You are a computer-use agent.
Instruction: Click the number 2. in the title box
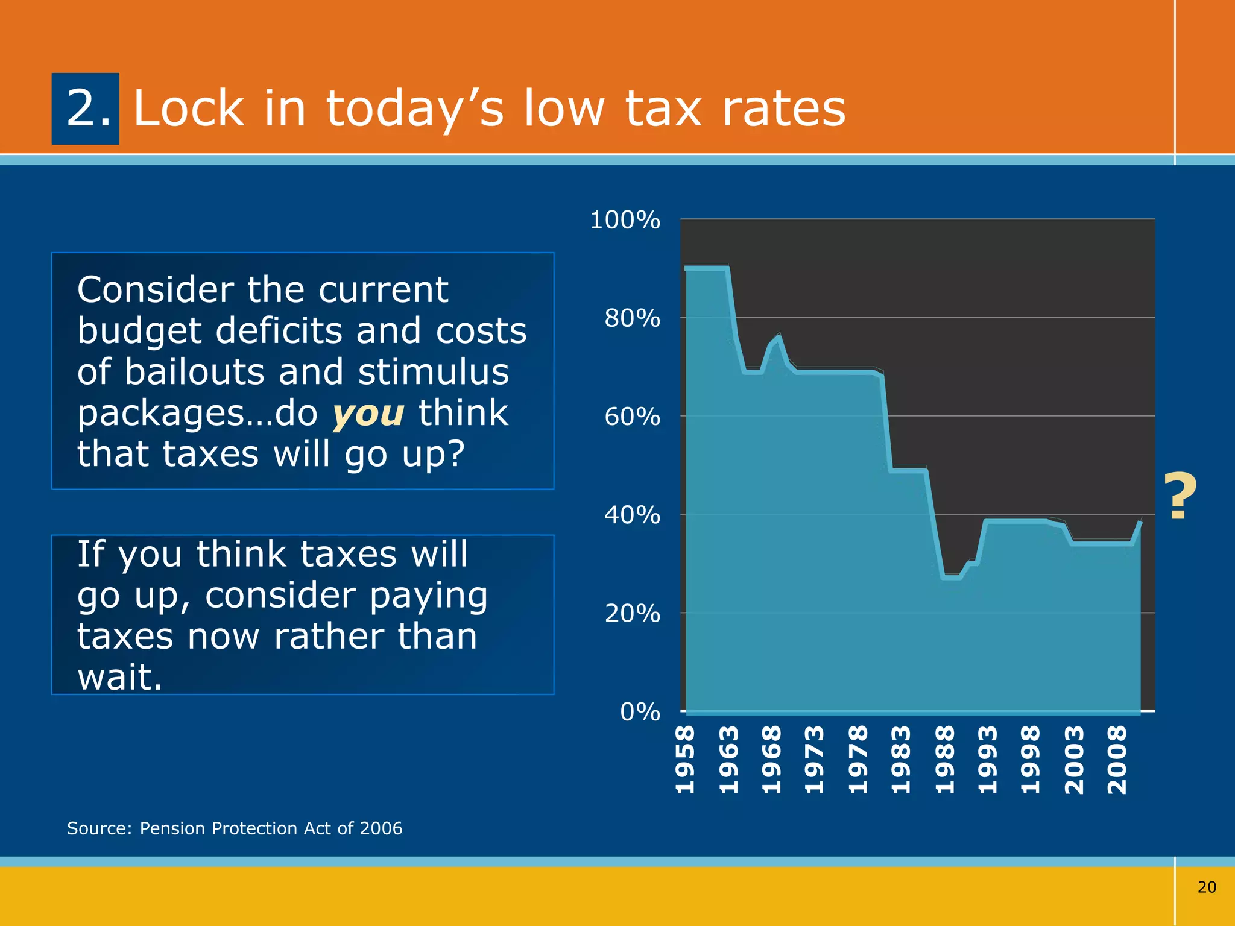coord(88,109)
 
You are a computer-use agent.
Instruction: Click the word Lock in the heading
coord(189,109)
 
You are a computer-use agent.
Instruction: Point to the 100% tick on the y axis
coord(625,220)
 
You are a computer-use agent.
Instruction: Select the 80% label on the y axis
coord(632,318)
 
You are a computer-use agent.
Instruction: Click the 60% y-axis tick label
coord(632,417)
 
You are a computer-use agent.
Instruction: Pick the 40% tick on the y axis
coord(632,515)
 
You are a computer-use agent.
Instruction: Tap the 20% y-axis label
coord(632,614)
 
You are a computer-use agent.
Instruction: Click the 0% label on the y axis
coord(639,712)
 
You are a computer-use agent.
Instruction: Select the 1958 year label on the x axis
coord(685,760)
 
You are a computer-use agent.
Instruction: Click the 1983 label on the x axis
coord(901,760)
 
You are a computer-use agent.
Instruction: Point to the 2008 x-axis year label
coord(1117,760)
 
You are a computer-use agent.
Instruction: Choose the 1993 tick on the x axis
coord(987,760)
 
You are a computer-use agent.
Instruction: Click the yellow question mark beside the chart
coord(1180,497)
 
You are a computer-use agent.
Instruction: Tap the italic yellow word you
coord(368,414)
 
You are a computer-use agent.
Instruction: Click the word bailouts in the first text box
coord(194,372)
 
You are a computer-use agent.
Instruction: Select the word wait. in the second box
coord(119,677)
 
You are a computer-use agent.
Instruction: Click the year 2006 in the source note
coord(381,828)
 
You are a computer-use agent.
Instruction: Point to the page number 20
coord(1206,887)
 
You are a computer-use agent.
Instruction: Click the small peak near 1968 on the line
coord(779,336)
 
